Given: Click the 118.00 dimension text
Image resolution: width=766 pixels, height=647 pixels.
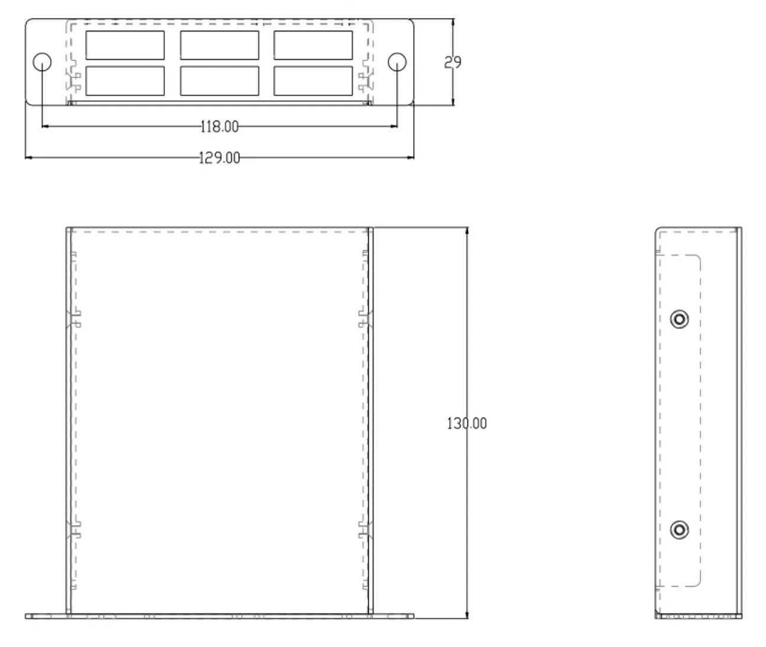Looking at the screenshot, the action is point(220,127).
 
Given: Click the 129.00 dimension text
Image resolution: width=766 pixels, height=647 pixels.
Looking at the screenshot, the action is point(219,158).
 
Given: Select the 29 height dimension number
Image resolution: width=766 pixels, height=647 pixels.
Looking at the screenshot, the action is point(452,62).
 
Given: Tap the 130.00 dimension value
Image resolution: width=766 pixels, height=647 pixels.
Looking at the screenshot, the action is point(467,423).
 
